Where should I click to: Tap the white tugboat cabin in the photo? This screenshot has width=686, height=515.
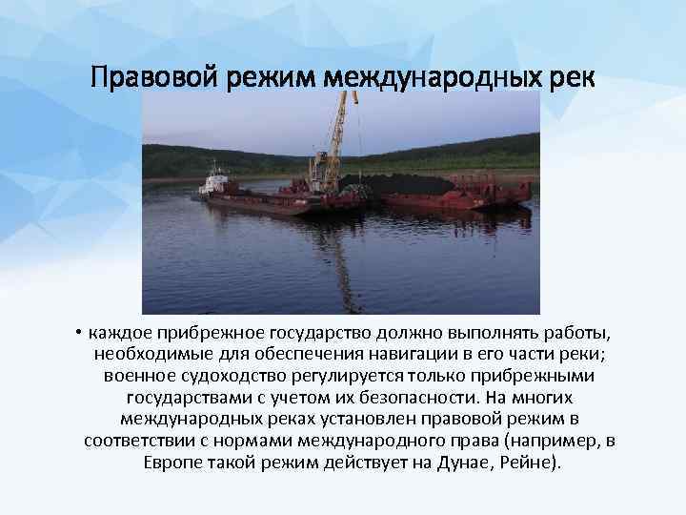click(217, 180)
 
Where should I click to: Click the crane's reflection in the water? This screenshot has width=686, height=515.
click(329, 253)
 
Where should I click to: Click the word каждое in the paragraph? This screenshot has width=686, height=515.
click(119, 334)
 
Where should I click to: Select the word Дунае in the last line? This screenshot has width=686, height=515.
click(458, 462)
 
